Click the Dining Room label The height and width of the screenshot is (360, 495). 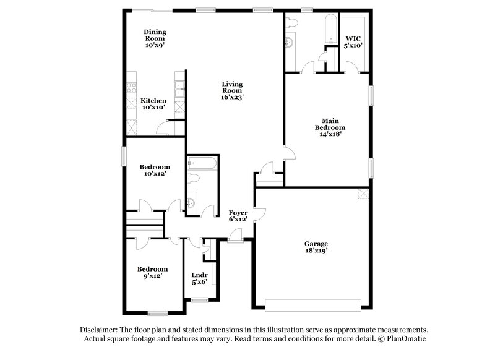pos(155,36)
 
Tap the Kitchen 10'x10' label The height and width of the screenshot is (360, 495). pos(153,104)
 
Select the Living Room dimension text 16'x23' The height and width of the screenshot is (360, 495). pos(233,97)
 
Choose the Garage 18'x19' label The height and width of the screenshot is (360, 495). pos(316,247)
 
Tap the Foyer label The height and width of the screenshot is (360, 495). pos(238,216)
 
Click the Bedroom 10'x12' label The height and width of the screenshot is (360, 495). pos(154,171)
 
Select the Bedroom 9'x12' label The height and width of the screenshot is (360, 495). pos(152,273)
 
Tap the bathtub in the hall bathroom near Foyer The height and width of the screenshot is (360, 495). pos(202,163)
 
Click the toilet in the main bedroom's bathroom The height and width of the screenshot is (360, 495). pos(293,22)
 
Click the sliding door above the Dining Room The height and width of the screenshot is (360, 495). pos(154,11)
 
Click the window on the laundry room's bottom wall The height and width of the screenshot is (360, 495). pos(199,300)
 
